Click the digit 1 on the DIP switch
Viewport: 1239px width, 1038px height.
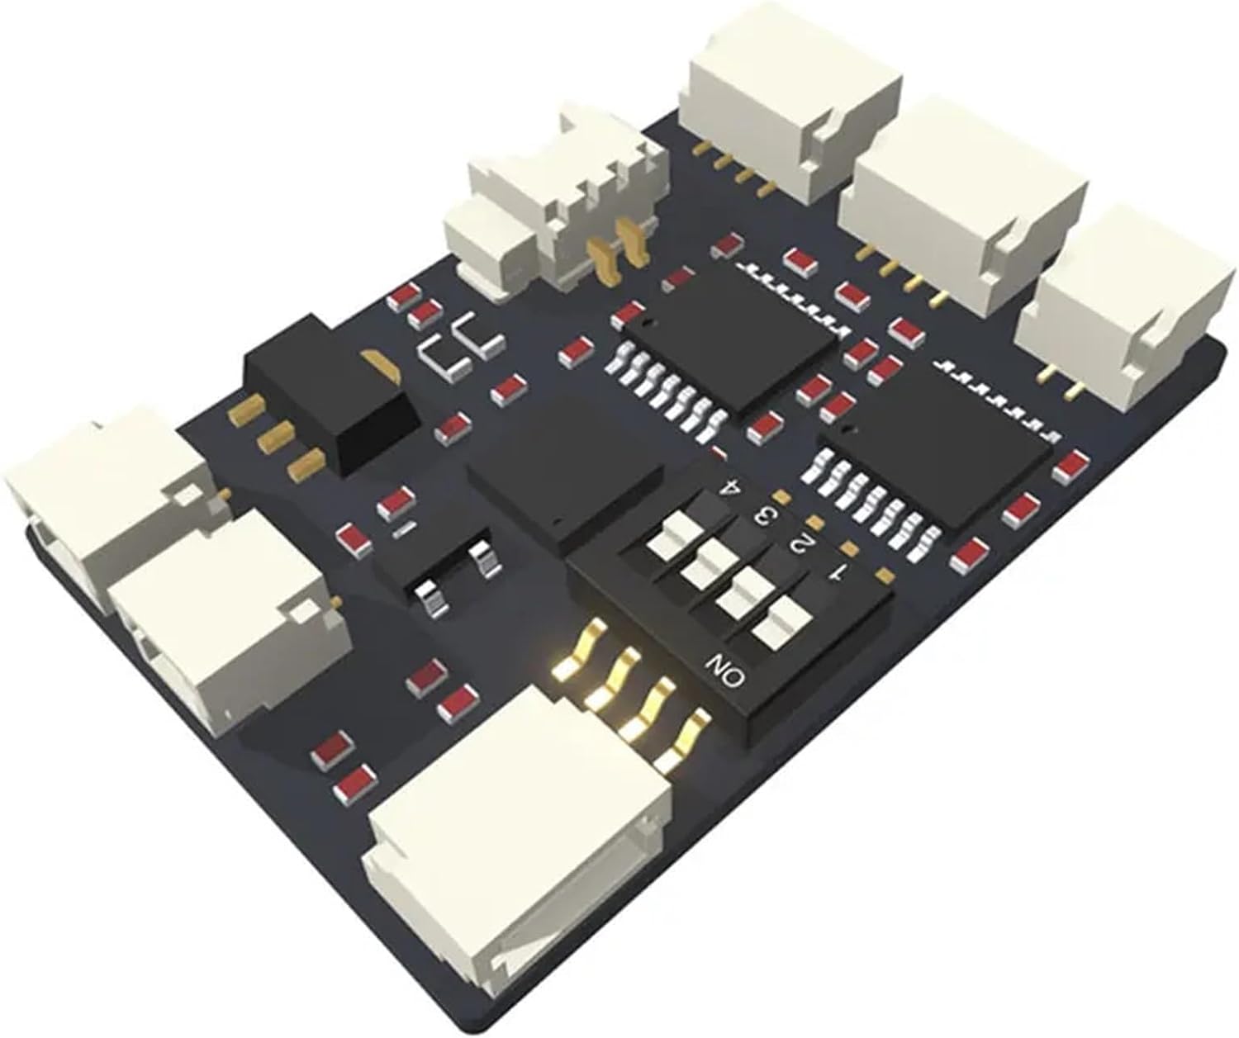coord(838,572)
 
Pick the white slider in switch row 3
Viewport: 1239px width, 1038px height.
coord(705,563)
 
